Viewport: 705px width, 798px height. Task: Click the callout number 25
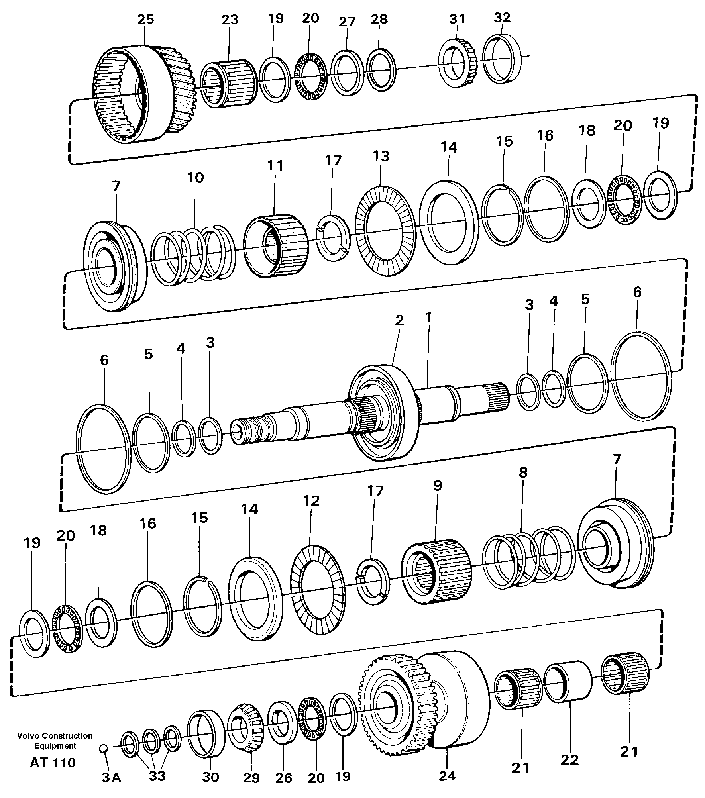pos(145,19)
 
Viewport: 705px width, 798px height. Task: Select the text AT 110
pos(53,763)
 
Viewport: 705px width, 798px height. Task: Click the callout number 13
pos(381,156)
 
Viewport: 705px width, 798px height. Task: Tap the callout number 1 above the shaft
pos(428,318)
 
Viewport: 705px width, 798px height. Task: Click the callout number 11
pos(275,166)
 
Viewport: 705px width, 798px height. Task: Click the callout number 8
pos(523,473)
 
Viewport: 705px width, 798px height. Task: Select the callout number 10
pos(195,178)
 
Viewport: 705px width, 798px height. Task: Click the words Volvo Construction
pos(55,736)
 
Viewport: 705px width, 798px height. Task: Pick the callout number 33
pos(157,776)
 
